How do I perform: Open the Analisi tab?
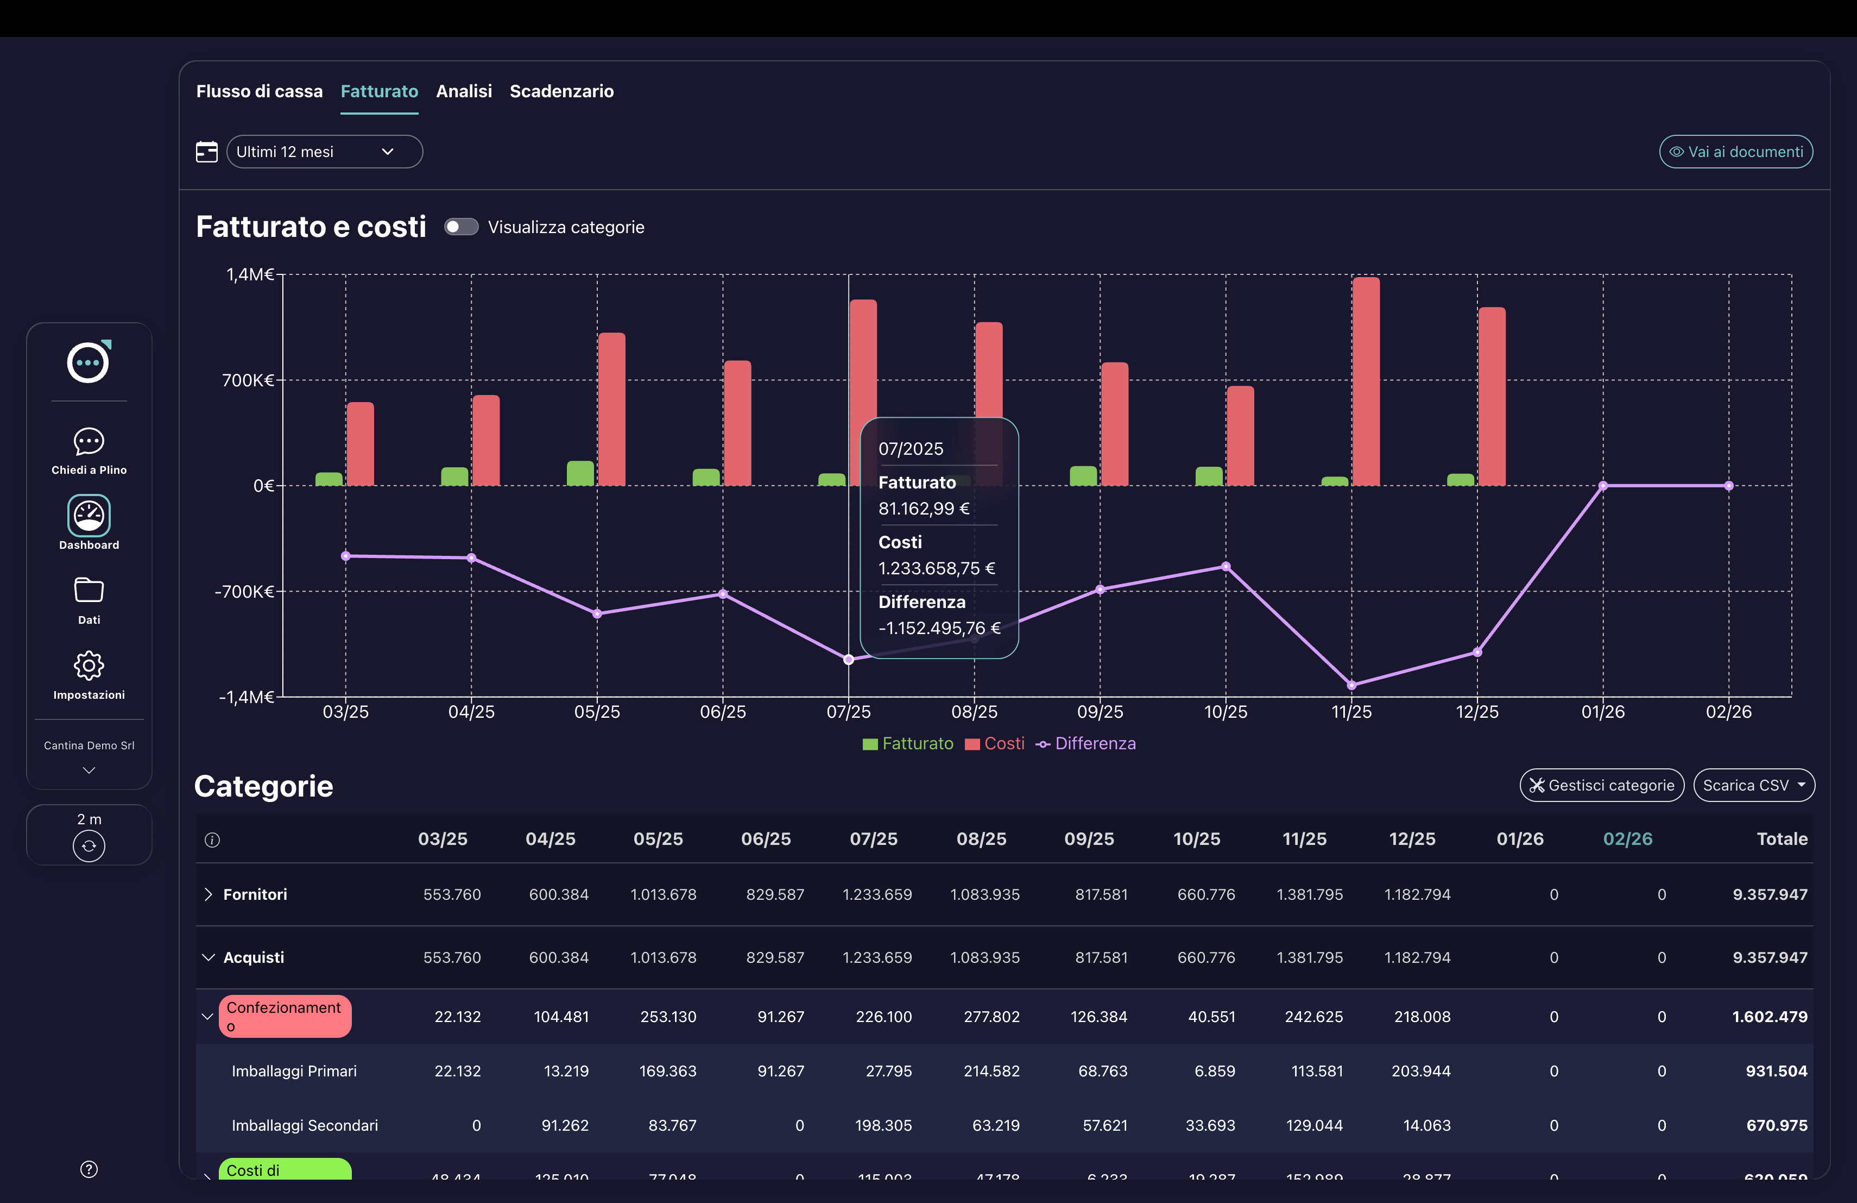(x=464, y=91)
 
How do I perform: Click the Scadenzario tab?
(x=561, y=91)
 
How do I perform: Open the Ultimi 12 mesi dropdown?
(x=324, y=152)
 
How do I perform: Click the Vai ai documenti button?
(x=1735, y=152)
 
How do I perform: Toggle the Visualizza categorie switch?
(x=461, y=227)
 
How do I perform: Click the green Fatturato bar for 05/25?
(x=580, y=473)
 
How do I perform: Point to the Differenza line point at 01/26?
(x=1603, y=486)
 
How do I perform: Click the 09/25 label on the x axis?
(x=1100, y=712)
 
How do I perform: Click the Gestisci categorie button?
(x=1601, y=785)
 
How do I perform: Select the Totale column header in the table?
(x=1782, y=839)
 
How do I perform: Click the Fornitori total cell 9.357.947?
(x=1770, y=894)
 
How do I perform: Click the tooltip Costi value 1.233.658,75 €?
(x=936, y=568)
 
